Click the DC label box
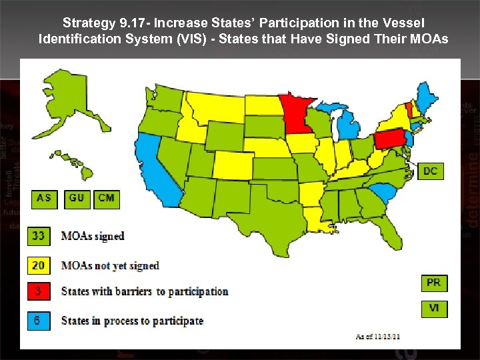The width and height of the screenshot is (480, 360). [431, 171]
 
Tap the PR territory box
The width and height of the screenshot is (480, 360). [433, 283]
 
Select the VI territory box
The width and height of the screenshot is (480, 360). [433, 309]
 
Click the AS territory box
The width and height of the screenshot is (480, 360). [44, 198]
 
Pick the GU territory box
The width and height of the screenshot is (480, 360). [77, 198]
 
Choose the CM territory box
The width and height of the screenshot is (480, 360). [106, 198]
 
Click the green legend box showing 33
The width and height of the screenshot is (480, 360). [39, 236]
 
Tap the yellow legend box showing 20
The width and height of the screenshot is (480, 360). [39, 265]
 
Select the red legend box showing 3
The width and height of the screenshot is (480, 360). [39, 291]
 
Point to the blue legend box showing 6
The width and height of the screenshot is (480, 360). [39, 321]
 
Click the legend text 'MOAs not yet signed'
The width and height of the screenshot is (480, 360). [110, 265]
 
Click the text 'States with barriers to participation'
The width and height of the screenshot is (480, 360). [145, 291]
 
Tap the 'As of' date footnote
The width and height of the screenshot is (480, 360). [378, 336]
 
